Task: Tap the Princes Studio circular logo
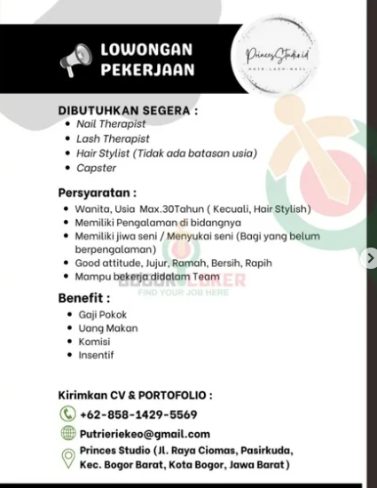271,59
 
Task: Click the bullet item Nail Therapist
111,125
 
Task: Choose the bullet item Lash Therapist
112,138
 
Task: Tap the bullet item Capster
96,167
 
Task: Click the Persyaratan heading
98,192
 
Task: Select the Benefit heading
84,298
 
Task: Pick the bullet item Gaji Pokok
101,315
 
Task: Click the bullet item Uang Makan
104,328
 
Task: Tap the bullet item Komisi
94,342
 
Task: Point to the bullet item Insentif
95,355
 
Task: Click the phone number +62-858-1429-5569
138,414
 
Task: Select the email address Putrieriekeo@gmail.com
145,434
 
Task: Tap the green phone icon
67,414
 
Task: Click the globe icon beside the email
67,434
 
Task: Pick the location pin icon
67,458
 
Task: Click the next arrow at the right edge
371,258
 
